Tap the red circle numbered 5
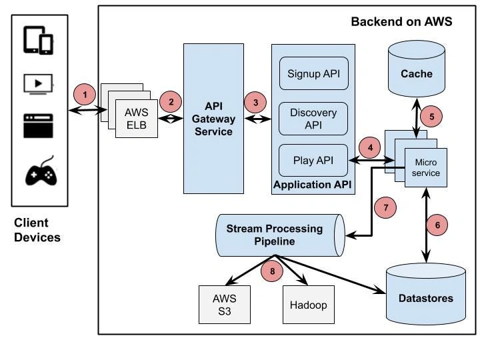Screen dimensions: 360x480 point(431,116)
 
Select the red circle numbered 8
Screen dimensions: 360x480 point(271,271)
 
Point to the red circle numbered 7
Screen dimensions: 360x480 point(386,207)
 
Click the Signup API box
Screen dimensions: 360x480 point(313,73)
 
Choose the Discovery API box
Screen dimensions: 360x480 point(313,118)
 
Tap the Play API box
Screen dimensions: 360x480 point(313,160)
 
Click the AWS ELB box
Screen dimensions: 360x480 point(137,118)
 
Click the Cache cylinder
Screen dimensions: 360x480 point(416,70)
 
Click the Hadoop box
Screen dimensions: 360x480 point(309,305)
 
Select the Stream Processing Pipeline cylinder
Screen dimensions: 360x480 point(279,235)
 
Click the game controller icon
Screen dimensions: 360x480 point(41,173)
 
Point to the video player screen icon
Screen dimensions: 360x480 point(39,84)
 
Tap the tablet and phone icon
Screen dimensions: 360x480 point(38,40)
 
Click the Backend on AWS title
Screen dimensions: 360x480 point(401,21)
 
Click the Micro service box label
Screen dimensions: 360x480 point(427,167)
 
